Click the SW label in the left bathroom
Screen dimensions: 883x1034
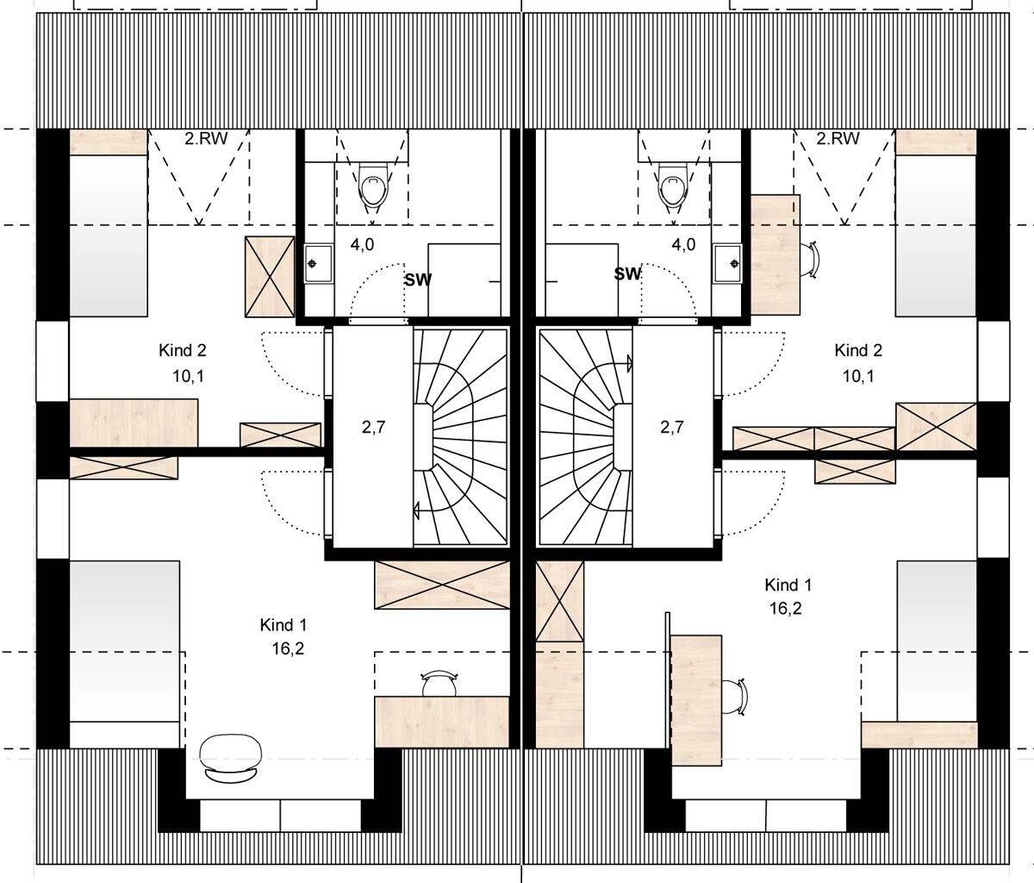(x=418, y=279)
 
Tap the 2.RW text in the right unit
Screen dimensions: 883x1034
(x=838, y=139)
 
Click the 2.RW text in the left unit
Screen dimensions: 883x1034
(x=205, y=139)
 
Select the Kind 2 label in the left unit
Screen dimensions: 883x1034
(x=182, y=350)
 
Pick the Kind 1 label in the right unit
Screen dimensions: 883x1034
(x=788, y=586)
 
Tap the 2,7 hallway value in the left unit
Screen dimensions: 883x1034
(x=371, y=427)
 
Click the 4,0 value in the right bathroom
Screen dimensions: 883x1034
(x=683, y=245)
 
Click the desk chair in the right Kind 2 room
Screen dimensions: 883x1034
(x=813, y=259)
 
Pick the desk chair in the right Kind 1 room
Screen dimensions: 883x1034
(x=734, y=696)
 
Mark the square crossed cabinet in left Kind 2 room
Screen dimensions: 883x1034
(x=270, y=276)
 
